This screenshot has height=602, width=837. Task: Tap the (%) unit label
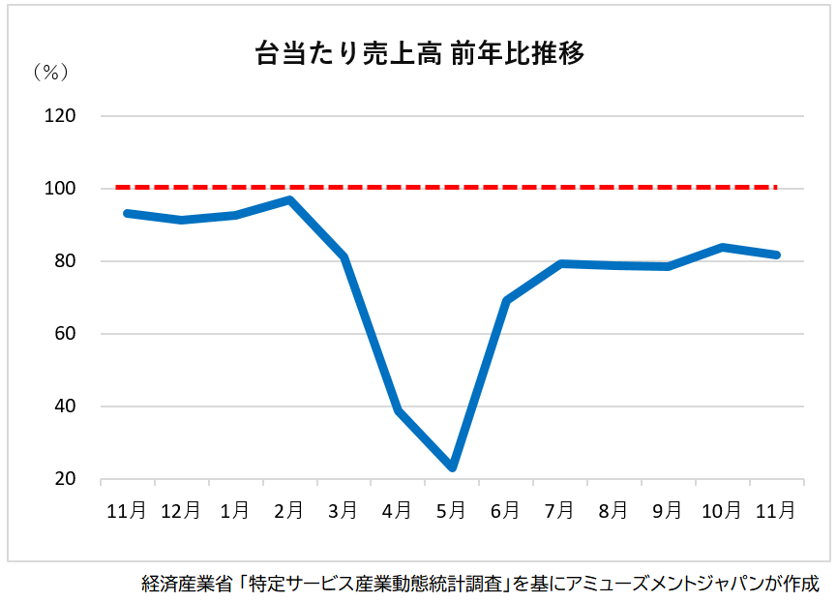coord(47,73)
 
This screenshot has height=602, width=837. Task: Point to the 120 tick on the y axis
coord(60,116)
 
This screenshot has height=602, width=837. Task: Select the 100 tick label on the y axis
coord(60,189)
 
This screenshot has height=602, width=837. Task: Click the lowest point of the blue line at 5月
coord(452,467)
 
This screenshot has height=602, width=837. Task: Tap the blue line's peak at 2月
coord(289,200)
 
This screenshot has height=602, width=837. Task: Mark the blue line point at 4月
coord(398,410)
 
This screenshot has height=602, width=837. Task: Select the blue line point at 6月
coord(506,301)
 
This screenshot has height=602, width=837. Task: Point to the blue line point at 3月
coord(344,257)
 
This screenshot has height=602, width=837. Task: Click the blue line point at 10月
coord(723,247)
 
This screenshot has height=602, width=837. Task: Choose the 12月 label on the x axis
coord(181,511)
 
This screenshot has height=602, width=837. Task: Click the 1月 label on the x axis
coord(235,511)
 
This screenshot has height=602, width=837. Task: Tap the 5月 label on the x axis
coord(452,511)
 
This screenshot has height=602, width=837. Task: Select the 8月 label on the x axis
coord(614,511)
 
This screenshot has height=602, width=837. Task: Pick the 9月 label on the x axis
coord(669,511)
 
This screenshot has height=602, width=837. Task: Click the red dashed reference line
coord(445,187)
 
